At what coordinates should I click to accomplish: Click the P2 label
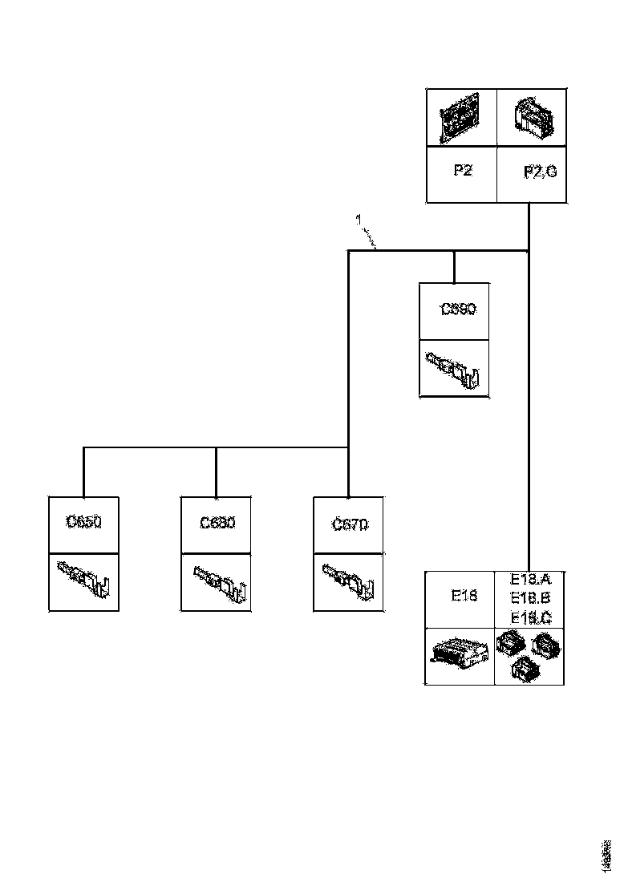(x=461, y=171)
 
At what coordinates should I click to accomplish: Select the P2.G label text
(x=539, y=171)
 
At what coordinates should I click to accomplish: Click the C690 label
(x=459, y=309)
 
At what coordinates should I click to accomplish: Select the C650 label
(x=83, y=523)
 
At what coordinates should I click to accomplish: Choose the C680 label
(x=217, y=523)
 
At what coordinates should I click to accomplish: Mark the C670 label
(x=350, y=524)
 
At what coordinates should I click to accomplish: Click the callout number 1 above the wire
(x=359, y=218)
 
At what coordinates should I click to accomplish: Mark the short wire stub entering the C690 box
(x=454, y=267)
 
